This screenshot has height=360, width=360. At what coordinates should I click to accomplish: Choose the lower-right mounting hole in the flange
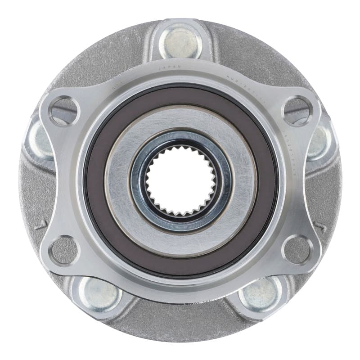point(297,250)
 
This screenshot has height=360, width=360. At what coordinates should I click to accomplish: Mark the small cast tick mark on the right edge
point(321,228)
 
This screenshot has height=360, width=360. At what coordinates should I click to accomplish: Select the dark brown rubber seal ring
point(94,180)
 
